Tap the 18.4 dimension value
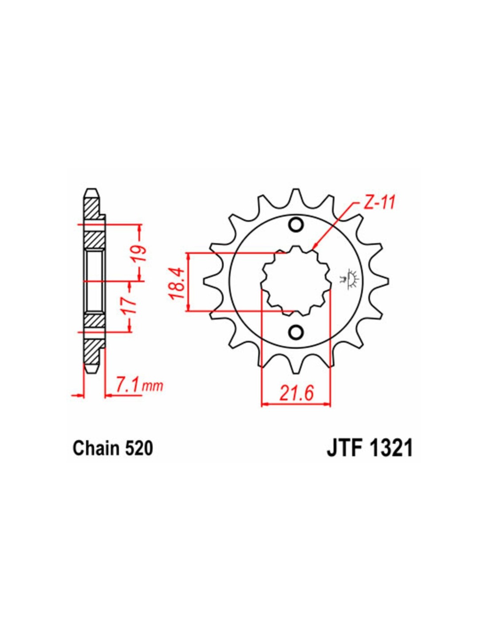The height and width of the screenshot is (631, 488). click(x=177, y=282)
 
